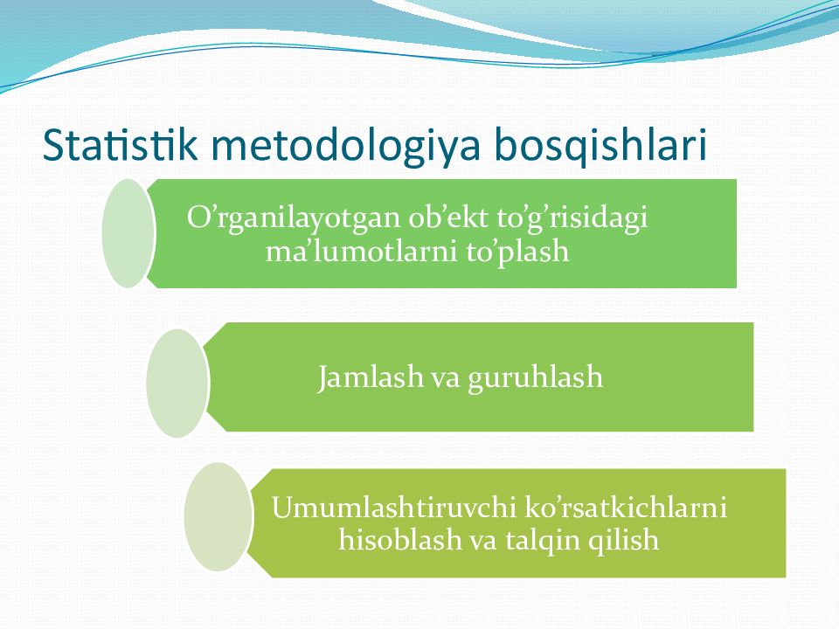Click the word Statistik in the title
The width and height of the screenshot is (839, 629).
(121, 144)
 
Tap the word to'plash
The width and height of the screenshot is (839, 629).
(517, 252)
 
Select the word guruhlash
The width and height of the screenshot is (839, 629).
(535, 378)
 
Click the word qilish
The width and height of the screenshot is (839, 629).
(623, 541)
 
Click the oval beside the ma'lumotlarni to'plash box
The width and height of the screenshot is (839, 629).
(128, 233)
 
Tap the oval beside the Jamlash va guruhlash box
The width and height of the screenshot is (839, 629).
(177, 383)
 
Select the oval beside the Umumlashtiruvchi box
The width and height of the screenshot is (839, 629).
(218, 516)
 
